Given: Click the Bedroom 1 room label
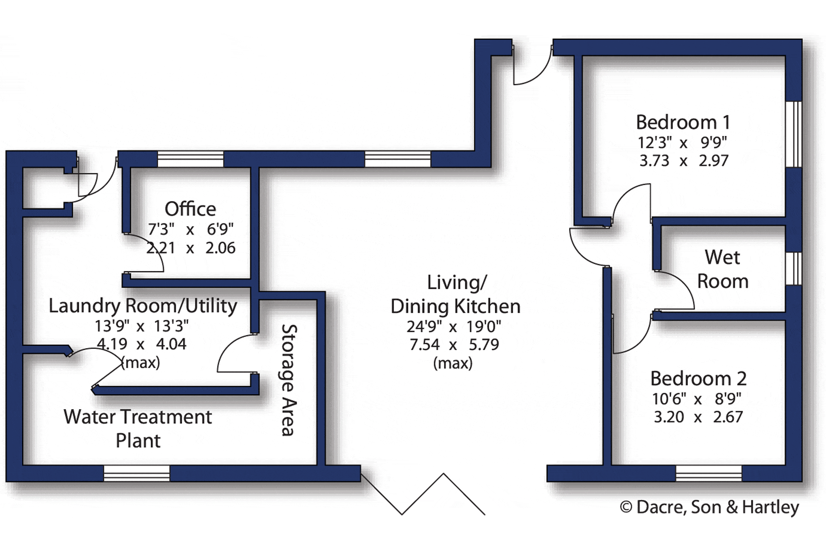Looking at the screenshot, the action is click(x=683, y=122).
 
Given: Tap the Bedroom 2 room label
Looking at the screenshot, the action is click(x=698, y=378).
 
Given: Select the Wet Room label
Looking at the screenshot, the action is click(x=723, y=269).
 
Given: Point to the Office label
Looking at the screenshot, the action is click(x=190, y=209).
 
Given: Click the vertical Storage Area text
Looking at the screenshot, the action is click(x=289, y=380).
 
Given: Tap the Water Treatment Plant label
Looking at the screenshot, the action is click(x=138, y=429).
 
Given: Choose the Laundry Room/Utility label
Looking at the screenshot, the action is click(x=143, y=306).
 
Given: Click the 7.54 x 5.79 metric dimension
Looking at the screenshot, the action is click(x=454, y=345).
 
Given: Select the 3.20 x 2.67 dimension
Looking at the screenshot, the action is click(x=698, y=417).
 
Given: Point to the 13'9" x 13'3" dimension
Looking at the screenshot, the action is click(x=142, y=326).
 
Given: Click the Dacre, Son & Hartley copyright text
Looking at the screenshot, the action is click(x=709, y=507).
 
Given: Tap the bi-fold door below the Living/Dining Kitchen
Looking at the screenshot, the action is click(x=423, y=494).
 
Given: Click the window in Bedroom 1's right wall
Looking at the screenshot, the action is click(x=794, y=134).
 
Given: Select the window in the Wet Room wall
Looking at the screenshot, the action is click(x=794, y=268).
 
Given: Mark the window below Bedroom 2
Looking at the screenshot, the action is click(x=709, y=474).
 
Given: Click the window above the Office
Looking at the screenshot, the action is click(x=190, y=159).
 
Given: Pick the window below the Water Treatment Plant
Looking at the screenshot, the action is click(x=137, y=474).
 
